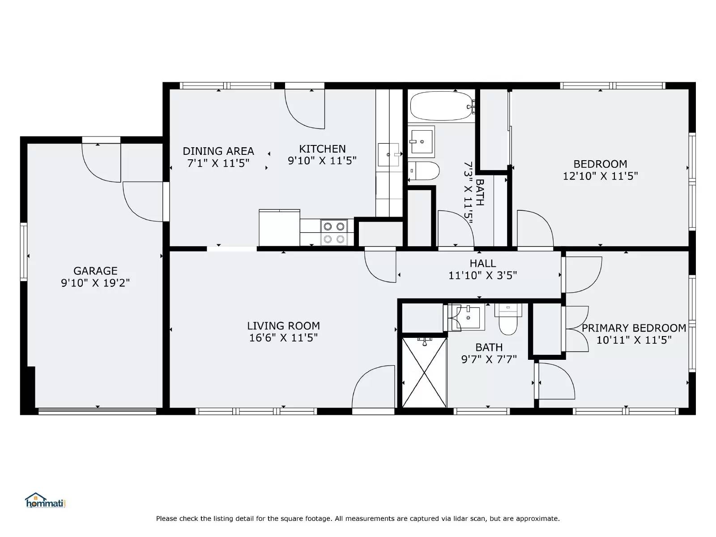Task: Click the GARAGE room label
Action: tap(95, 271)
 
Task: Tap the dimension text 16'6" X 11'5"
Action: tap(283, 338)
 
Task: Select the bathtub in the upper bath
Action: tap(441, 106)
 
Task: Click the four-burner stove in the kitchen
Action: tap(334, 233)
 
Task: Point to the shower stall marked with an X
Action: tap(424, 373)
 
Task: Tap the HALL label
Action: tap(482, 264)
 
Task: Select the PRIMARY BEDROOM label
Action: tap(634, 328)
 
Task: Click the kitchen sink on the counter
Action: tap(388, 154)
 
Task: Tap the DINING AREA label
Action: tap(218, 151)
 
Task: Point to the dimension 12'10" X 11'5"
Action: tap(600, 176)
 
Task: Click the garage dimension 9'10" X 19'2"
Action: tap(95, 283)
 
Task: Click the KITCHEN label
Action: tap(322, 149)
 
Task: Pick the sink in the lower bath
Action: tap(468, 317)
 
